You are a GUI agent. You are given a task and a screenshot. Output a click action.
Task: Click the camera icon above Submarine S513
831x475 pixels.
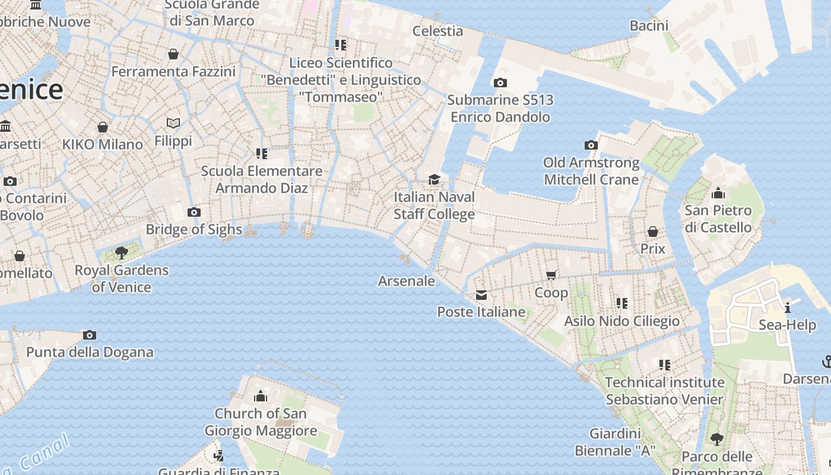coord(500,83)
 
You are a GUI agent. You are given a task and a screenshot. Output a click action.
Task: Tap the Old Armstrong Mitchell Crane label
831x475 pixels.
coord(591,171)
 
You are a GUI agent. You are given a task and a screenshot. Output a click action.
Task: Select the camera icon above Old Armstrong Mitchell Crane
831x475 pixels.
coord(591,145)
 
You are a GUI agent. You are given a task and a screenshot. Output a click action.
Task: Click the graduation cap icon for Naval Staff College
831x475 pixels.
coord(434,179)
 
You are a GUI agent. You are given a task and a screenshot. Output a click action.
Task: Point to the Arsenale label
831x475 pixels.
coord(407,281)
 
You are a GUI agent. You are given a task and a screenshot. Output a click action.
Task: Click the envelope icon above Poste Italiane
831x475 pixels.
coord(481,295)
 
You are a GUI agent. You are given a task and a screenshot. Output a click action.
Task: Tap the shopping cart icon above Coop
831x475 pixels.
coord(551,275)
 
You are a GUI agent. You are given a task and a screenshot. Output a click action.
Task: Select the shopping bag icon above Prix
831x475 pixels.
coord(653,231)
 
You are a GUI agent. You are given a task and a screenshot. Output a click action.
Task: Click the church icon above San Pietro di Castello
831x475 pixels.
coord(718,193)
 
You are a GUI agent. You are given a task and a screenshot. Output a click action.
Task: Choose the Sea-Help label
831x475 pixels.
coord(787,325)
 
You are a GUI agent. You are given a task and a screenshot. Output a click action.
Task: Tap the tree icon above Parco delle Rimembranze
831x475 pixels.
coord(717,439)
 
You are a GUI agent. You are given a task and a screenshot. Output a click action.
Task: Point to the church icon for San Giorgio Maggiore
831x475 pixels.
coord(261,396)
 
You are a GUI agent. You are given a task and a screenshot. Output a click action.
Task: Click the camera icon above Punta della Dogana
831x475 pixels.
coord(90,335)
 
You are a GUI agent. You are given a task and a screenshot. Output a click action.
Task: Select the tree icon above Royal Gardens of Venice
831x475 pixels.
coord(122,253)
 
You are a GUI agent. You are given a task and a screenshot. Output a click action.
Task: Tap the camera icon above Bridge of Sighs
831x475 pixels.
coord(194,212)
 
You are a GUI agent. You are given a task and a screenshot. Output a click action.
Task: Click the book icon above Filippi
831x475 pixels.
coord(173,123)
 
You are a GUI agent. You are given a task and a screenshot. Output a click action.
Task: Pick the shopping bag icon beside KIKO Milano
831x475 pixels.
coord(103,127)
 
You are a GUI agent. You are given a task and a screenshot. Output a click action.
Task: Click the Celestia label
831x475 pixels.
coord(437,30)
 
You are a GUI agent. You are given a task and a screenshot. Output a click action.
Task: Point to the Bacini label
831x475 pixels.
coord(649,25)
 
